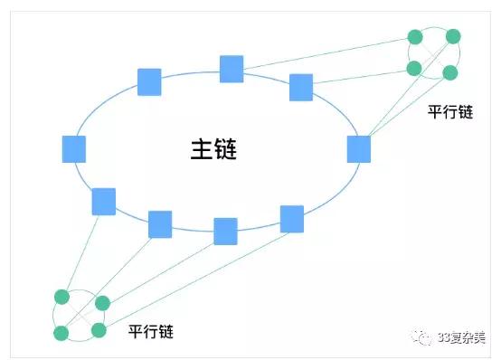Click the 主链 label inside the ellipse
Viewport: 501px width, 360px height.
213,148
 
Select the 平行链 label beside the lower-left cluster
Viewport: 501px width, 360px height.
150,331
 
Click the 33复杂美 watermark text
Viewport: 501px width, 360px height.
460,336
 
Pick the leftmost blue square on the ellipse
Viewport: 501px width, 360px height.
74,149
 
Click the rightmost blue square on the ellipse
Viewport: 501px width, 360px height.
359,148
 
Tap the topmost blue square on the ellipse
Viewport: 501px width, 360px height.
232,69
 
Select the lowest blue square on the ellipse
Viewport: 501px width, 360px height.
225,231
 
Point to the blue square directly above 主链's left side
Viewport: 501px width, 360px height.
149,81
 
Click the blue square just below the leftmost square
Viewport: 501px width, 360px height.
104,201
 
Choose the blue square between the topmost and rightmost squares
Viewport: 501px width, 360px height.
301,87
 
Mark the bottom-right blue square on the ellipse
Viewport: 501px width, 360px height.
291,219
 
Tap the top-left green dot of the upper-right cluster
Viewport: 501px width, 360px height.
415,37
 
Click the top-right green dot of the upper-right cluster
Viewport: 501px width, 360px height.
453,37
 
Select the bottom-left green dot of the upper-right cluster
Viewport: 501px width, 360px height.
414,68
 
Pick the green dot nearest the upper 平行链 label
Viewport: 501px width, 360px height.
449,72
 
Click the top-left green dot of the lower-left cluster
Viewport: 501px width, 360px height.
61,297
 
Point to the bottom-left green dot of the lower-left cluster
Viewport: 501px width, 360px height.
61,333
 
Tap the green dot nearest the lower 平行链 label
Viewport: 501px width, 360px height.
99,330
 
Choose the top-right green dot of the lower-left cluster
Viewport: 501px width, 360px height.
102,302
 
